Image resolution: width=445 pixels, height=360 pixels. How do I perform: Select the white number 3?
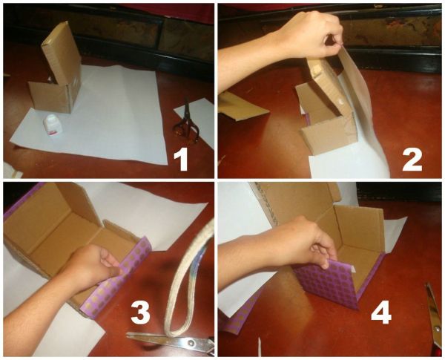click(x=140, y=312)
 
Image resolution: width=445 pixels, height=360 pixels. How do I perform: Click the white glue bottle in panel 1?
click(x=53, y=124)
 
